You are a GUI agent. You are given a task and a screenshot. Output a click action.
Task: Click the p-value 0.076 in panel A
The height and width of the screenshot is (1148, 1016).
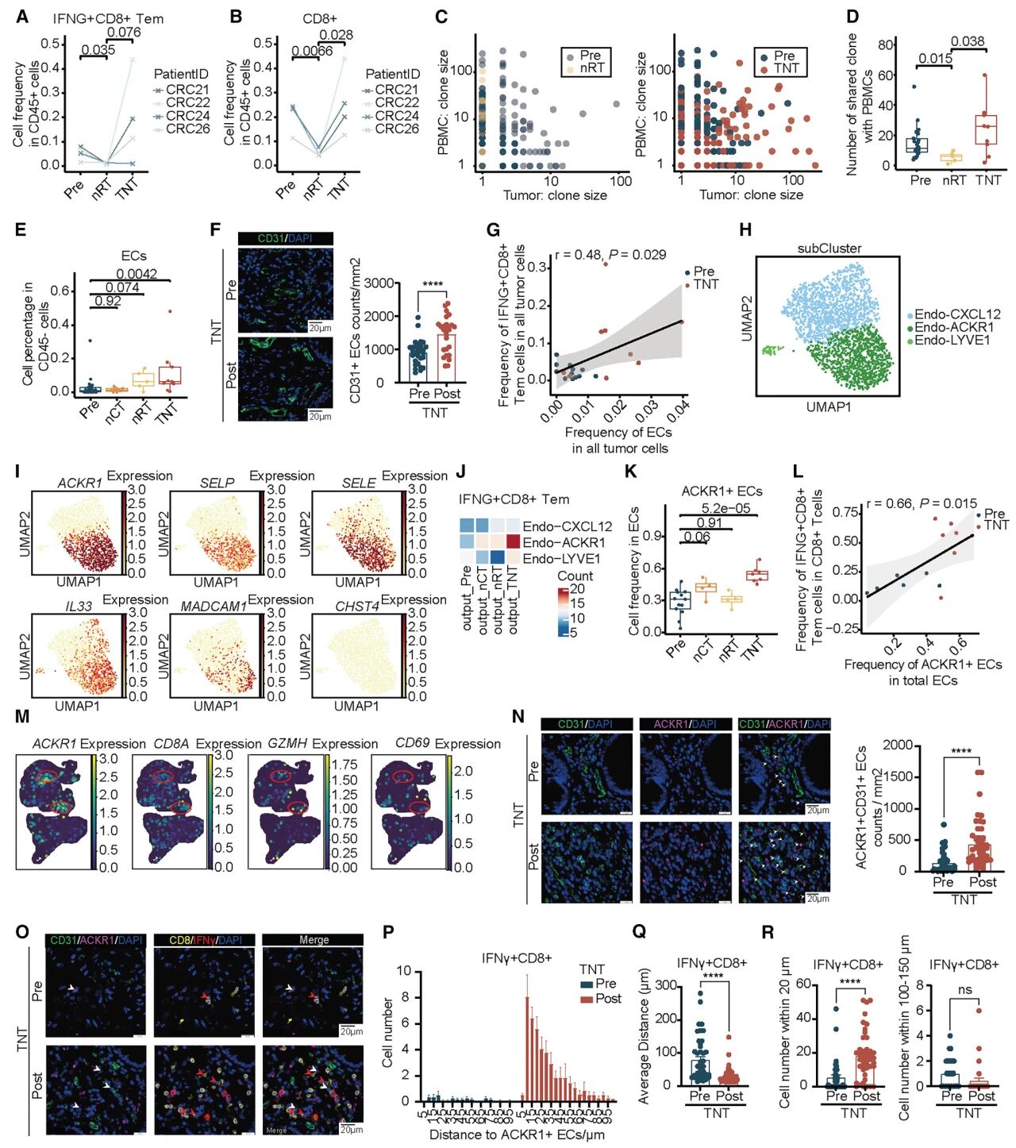[x=124, y=33]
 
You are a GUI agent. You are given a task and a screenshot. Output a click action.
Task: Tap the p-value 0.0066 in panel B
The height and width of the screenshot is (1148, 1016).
[x=312, y=52]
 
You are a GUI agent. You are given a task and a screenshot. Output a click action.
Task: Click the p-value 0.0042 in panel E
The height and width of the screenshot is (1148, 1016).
[x=137, y=275]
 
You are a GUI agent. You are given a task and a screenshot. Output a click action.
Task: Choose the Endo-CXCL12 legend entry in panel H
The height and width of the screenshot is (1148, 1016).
[x=957, y=314]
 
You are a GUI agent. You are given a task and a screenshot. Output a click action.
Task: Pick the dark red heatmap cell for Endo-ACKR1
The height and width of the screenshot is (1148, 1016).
[x=512, y=542]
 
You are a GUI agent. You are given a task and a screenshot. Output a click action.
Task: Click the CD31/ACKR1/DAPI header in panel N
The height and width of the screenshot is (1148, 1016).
[x=784, y=724]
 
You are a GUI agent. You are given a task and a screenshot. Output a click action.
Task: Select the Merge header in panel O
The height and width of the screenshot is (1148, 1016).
[x=314, y=940]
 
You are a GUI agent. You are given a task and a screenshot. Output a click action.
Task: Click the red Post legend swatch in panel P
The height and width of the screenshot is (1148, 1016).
[x=587, y=999]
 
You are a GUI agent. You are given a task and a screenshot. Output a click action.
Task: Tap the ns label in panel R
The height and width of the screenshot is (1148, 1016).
[x=965, y=990]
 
